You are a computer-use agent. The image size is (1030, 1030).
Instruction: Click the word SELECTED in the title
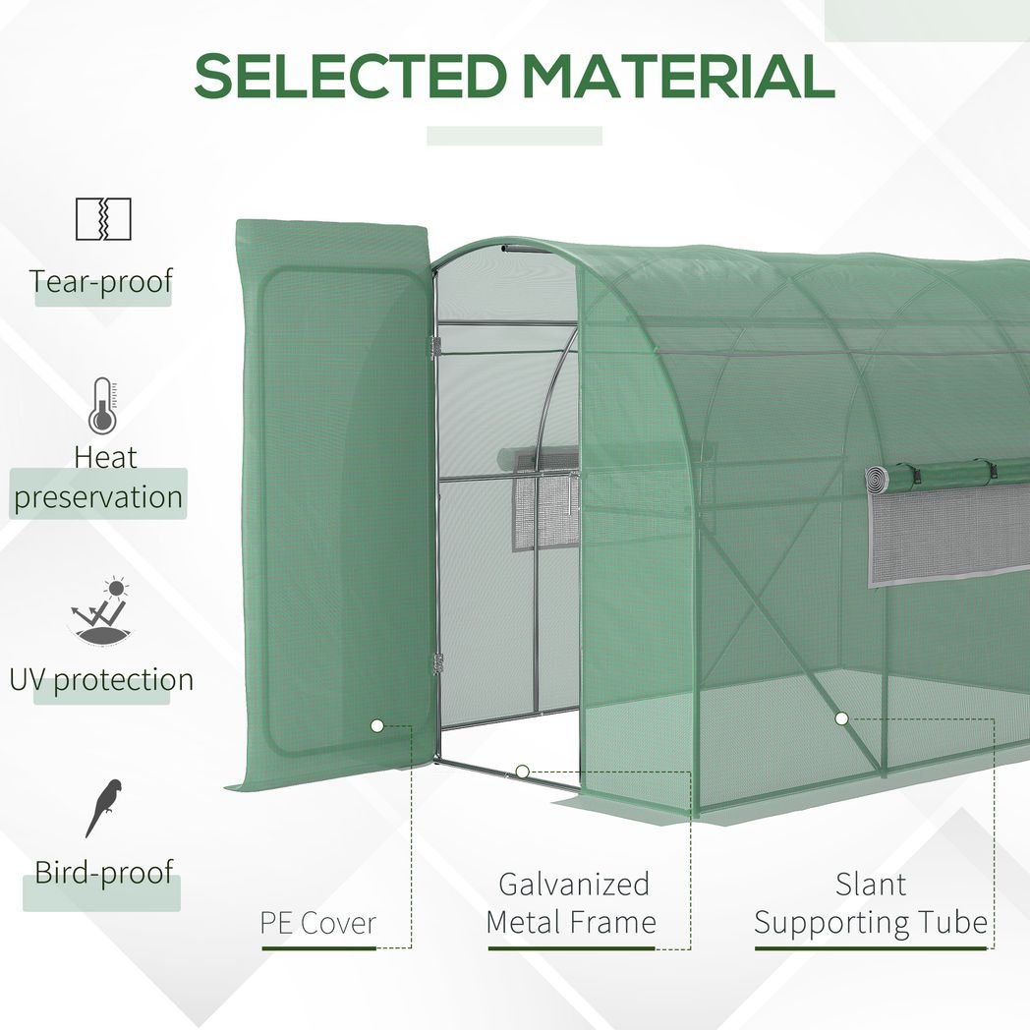350,76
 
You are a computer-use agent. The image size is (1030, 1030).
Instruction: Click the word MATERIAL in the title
678,76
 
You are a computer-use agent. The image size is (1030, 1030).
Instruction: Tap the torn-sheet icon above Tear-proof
103,219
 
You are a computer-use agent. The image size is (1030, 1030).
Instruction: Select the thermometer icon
102,405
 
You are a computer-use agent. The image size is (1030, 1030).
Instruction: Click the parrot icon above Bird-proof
104,807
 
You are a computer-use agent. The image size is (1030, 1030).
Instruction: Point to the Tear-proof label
101,282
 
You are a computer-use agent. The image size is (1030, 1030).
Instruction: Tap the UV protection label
102,680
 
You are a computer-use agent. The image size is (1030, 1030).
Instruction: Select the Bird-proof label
104,873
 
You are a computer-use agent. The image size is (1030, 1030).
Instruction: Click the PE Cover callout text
317,923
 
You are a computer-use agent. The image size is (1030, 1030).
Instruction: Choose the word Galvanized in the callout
574,885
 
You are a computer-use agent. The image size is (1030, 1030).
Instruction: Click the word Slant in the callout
871,885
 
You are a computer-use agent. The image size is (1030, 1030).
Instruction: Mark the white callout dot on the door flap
377,726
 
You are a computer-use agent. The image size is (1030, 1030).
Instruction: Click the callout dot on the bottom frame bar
522,772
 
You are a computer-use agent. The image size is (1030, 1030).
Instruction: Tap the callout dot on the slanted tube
841,718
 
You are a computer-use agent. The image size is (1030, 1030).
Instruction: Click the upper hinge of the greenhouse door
433,348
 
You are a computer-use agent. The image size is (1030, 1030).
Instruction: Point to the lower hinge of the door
437,663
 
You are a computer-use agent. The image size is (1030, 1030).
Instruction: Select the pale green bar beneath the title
514,136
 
